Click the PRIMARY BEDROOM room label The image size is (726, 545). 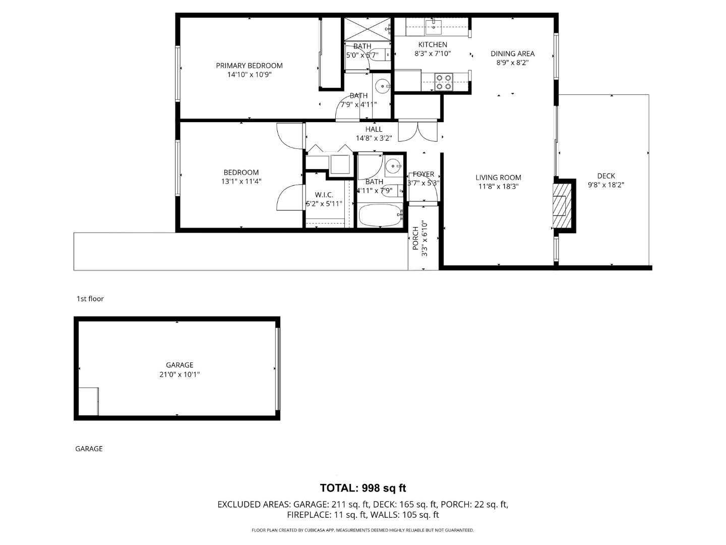click(249, 66)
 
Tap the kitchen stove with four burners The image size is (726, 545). click(444, 82)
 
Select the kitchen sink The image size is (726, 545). click(433, 25)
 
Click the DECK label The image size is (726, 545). click(606, 176)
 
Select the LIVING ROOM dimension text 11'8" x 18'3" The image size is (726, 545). click(498, 187)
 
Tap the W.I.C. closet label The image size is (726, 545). click(324, 195)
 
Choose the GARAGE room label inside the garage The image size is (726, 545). click(179, 365)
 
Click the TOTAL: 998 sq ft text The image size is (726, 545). click(362, 488)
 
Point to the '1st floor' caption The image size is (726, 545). click(90, 299)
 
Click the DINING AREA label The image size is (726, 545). click(512, 53)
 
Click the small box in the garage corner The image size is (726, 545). click(89, 402)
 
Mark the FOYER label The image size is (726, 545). click(423, 174)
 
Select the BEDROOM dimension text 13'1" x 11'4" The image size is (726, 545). click(241, 182)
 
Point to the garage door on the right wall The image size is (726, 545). click(277, 368)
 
